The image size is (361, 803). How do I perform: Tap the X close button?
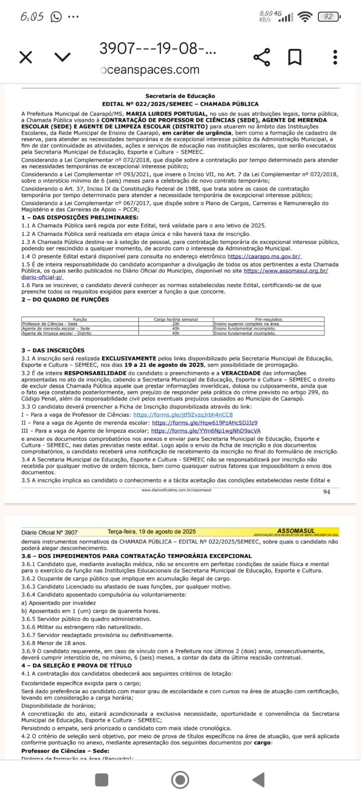[26, 57]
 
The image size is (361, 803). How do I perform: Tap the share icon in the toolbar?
[262, 57]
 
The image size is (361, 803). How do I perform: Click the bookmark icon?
[295, 57]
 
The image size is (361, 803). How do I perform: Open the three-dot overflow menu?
[335, 57]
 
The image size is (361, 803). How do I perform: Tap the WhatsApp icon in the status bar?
[56, 17]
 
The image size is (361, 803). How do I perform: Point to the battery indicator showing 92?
[329, 17]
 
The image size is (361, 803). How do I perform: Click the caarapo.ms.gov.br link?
[264, 256]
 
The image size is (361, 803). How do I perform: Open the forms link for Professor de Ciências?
[183, 415]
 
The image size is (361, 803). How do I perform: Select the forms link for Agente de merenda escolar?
[205, 423]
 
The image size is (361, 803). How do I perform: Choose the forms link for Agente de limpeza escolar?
[206, 431]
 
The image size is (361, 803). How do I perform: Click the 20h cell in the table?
[175, 324]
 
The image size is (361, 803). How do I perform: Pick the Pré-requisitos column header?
[269, 319]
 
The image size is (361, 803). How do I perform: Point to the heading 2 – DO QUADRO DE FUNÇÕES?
[65, 300]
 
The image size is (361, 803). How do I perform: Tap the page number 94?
[326, 492]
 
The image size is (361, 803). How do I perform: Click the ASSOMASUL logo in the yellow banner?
[296, 531]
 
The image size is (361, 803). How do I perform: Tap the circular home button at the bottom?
[180, 779]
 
